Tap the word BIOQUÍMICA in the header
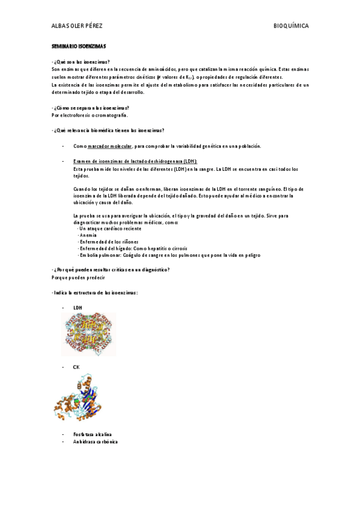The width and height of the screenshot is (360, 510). (291, 26)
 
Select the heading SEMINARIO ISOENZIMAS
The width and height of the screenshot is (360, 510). (79, 46)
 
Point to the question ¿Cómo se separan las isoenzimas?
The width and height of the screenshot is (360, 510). (91, 108)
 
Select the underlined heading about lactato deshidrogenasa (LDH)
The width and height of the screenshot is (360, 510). (135, 162)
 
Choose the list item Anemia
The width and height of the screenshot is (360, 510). (88, 236)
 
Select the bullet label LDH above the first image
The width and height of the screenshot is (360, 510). (78, 308)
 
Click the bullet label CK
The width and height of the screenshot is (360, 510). (76, 366)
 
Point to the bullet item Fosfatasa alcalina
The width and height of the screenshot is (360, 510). (92, 434)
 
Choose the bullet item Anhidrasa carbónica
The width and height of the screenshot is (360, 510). (95, 441)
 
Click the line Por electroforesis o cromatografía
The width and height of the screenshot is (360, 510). (90, 115)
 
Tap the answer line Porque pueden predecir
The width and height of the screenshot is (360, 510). (79, 277)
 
